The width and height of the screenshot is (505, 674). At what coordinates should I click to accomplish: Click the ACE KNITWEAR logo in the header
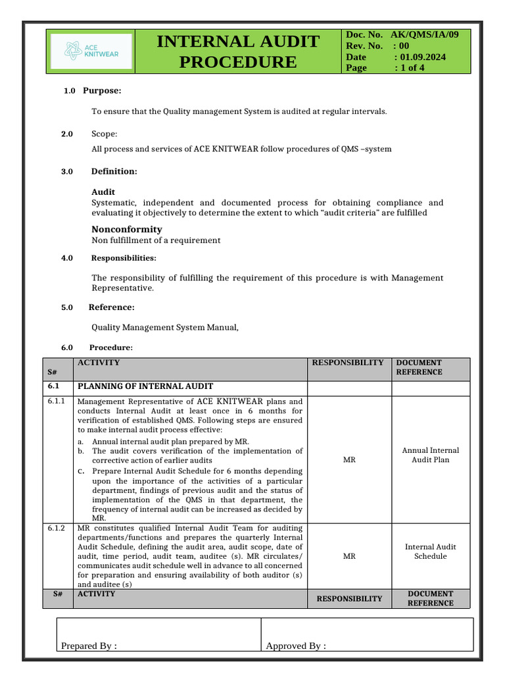pos(91,51)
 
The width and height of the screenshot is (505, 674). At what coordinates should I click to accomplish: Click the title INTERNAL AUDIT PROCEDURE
pos(238,51)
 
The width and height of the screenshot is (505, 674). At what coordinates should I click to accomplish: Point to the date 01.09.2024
pos(420,57)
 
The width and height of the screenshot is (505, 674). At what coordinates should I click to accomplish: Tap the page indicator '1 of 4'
pos(409,68)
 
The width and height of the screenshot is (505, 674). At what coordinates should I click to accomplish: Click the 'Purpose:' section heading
pos(102,90)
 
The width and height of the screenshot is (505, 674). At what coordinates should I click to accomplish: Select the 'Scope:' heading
pos(105,134)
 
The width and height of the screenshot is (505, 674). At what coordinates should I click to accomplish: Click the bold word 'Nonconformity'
pos(126,229)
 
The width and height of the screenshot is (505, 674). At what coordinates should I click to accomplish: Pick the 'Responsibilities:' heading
pos(124,258)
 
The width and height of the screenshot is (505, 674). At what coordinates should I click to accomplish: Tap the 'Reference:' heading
pos(112,307)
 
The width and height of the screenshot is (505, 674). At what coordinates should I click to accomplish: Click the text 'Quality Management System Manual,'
pos(164,327)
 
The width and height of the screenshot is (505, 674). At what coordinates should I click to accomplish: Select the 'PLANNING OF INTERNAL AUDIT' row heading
pos(145,386)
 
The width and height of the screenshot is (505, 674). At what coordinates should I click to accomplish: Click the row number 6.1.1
pos(57,401)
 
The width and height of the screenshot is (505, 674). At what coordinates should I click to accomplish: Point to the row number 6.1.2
pos(57,528)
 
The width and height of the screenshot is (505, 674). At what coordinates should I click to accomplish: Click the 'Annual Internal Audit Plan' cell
pos(431,455)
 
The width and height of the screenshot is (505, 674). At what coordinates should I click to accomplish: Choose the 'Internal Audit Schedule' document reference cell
pos(431,552)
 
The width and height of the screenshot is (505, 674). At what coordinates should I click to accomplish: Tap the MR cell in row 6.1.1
pos(349,459)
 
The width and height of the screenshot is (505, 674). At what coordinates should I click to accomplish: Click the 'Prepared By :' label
pos(89,646)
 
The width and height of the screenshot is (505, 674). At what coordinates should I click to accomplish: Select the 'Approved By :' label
pos(295,646)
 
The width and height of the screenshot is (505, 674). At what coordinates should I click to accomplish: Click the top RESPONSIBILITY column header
pos(347,363)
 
